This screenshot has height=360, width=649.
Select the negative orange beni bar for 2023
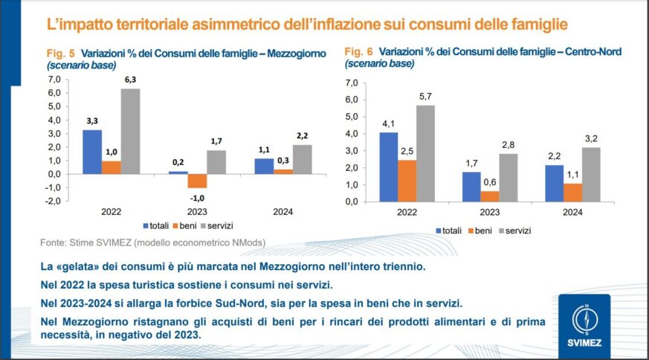pos(197,181)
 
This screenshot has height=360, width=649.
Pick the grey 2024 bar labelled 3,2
pos(592,174)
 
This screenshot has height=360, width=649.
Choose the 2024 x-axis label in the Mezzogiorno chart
pos(282,212)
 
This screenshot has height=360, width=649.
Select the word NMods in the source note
pos(248,242)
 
